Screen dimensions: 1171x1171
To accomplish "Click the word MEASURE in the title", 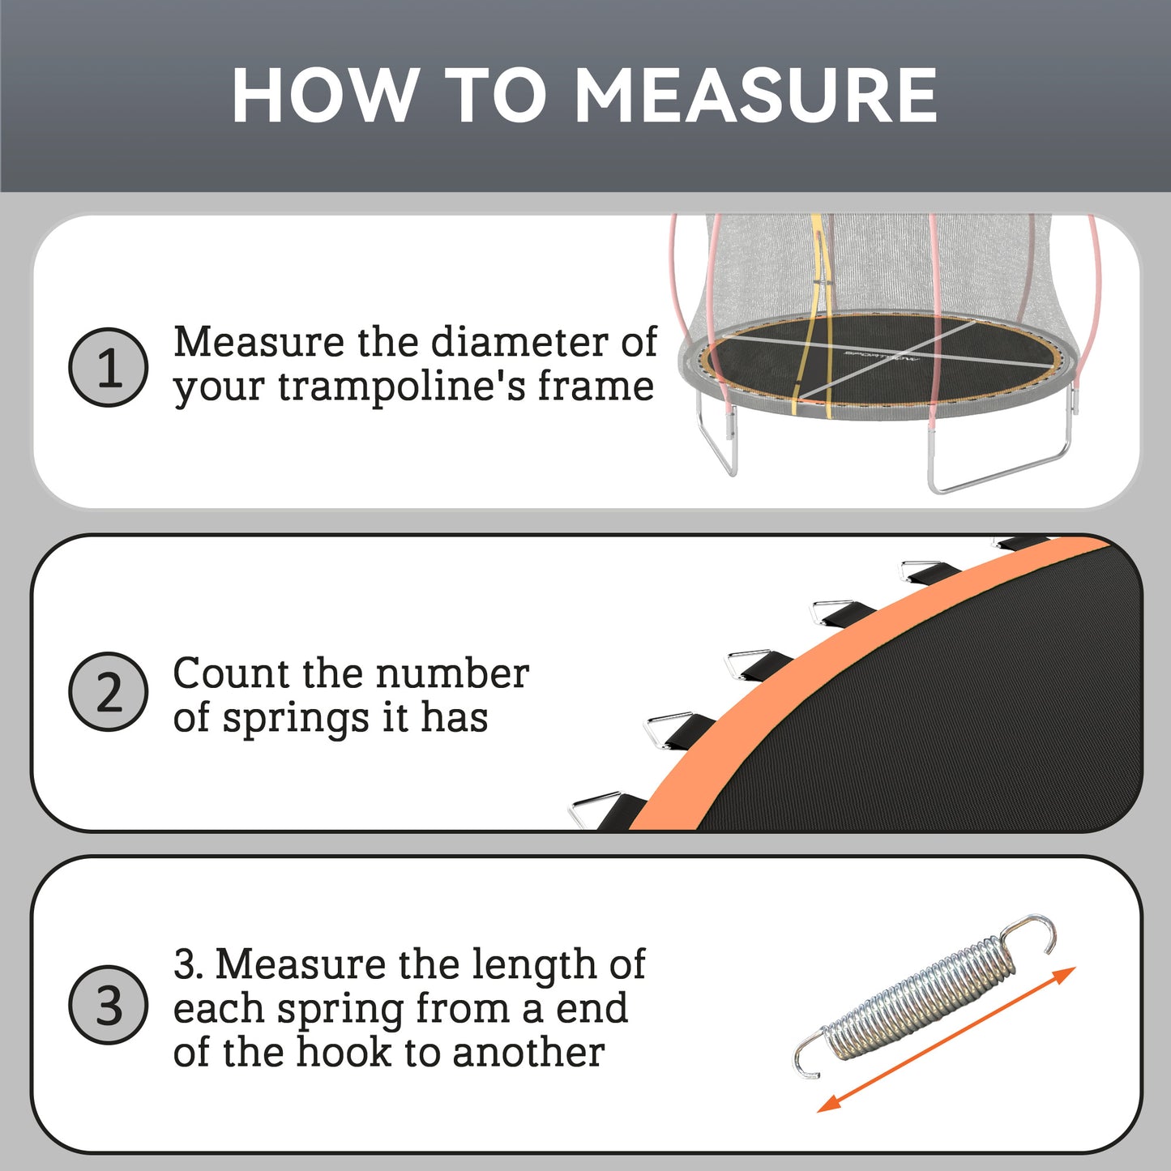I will click(x=755, y=96).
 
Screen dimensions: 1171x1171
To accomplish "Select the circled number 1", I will click(x=109, y=367).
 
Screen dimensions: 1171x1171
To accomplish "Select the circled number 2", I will click(x=109, y=692).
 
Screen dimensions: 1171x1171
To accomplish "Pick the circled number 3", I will click(x=109, y=1005).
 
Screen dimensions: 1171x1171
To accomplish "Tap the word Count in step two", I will click(x=231, y=673).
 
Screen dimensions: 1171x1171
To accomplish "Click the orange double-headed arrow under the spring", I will click(x=946, y=1039).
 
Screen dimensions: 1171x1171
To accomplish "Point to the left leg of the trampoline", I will click(x=718, y=442).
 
